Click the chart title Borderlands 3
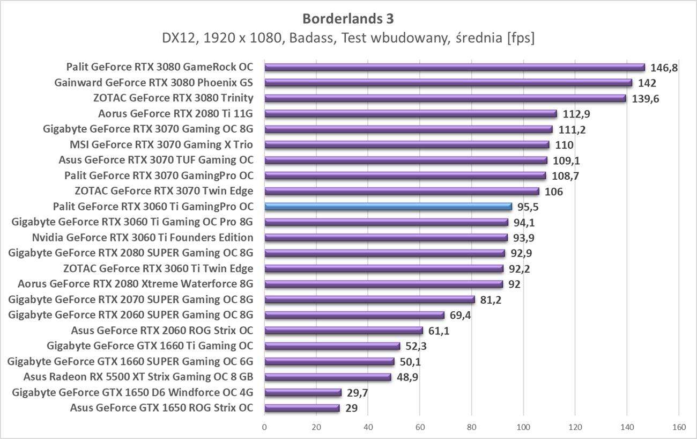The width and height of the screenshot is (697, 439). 348,19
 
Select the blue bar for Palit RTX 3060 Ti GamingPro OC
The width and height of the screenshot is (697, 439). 388,206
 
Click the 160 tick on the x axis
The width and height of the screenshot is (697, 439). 678,427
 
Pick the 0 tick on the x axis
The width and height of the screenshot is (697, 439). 264,427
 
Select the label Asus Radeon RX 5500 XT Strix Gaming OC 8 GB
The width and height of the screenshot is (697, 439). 138,377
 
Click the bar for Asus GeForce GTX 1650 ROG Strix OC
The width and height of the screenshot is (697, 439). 302,408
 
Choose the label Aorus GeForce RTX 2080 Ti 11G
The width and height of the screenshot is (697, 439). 175,113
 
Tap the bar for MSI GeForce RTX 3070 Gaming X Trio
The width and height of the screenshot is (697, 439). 406,144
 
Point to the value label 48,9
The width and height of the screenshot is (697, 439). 408,377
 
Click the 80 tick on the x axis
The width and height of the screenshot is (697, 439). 472,427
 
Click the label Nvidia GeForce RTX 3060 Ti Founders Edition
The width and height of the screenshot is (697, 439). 143,237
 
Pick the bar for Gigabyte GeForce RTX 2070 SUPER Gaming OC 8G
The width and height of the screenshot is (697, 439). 369,299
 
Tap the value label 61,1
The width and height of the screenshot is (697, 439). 439,331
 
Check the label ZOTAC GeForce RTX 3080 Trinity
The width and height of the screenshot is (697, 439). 173,98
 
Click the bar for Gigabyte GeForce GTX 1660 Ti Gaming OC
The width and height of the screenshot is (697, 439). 332,346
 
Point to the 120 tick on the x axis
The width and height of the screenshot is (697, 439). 575,427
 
